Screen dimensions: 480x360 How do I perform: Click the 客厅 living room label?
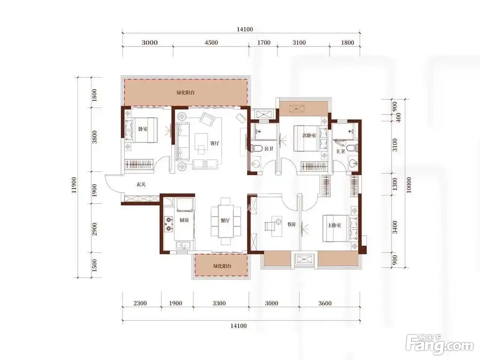pos(214,143)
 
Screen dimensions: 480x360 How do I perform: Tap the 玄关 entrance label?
pos(141,184)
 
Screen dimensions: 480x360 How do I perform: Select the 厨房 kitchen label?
pos(184,220)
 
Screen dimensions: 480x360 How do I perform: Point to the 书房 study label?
pos(291,224)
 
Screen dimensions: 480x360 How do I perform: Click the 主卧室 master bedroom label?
pos(334,225)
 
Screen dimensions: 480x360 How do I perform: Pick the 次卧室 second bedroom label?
pos(309,135)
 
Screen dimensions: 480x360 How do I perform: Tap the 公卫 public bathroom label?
pos(269,149)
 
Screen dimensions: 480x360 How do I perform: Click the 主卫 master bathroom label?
pos(340,151)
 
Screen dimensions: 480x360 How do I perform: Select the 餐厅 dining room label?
pos(225,220)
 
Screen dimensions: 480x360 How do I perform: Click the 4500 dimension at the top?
pos(211,42)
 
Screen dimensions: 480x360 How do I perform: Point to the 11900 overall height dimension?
pos(74,185)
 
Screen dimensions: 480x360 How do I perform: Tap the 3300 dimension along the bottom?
pos(219,303)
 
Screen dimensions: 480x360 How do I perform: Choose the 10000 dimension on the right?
pos(408,185)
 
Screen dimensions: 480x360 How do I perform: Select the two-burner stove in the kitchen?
pos(169,224)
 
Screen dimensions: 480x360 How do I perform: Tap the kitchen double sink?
pos(183,246)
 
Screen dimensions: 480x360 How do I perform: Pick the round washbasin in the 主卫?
pos(352,163)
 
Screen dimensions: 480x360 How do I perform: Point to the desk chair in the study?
pos(269,226)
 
